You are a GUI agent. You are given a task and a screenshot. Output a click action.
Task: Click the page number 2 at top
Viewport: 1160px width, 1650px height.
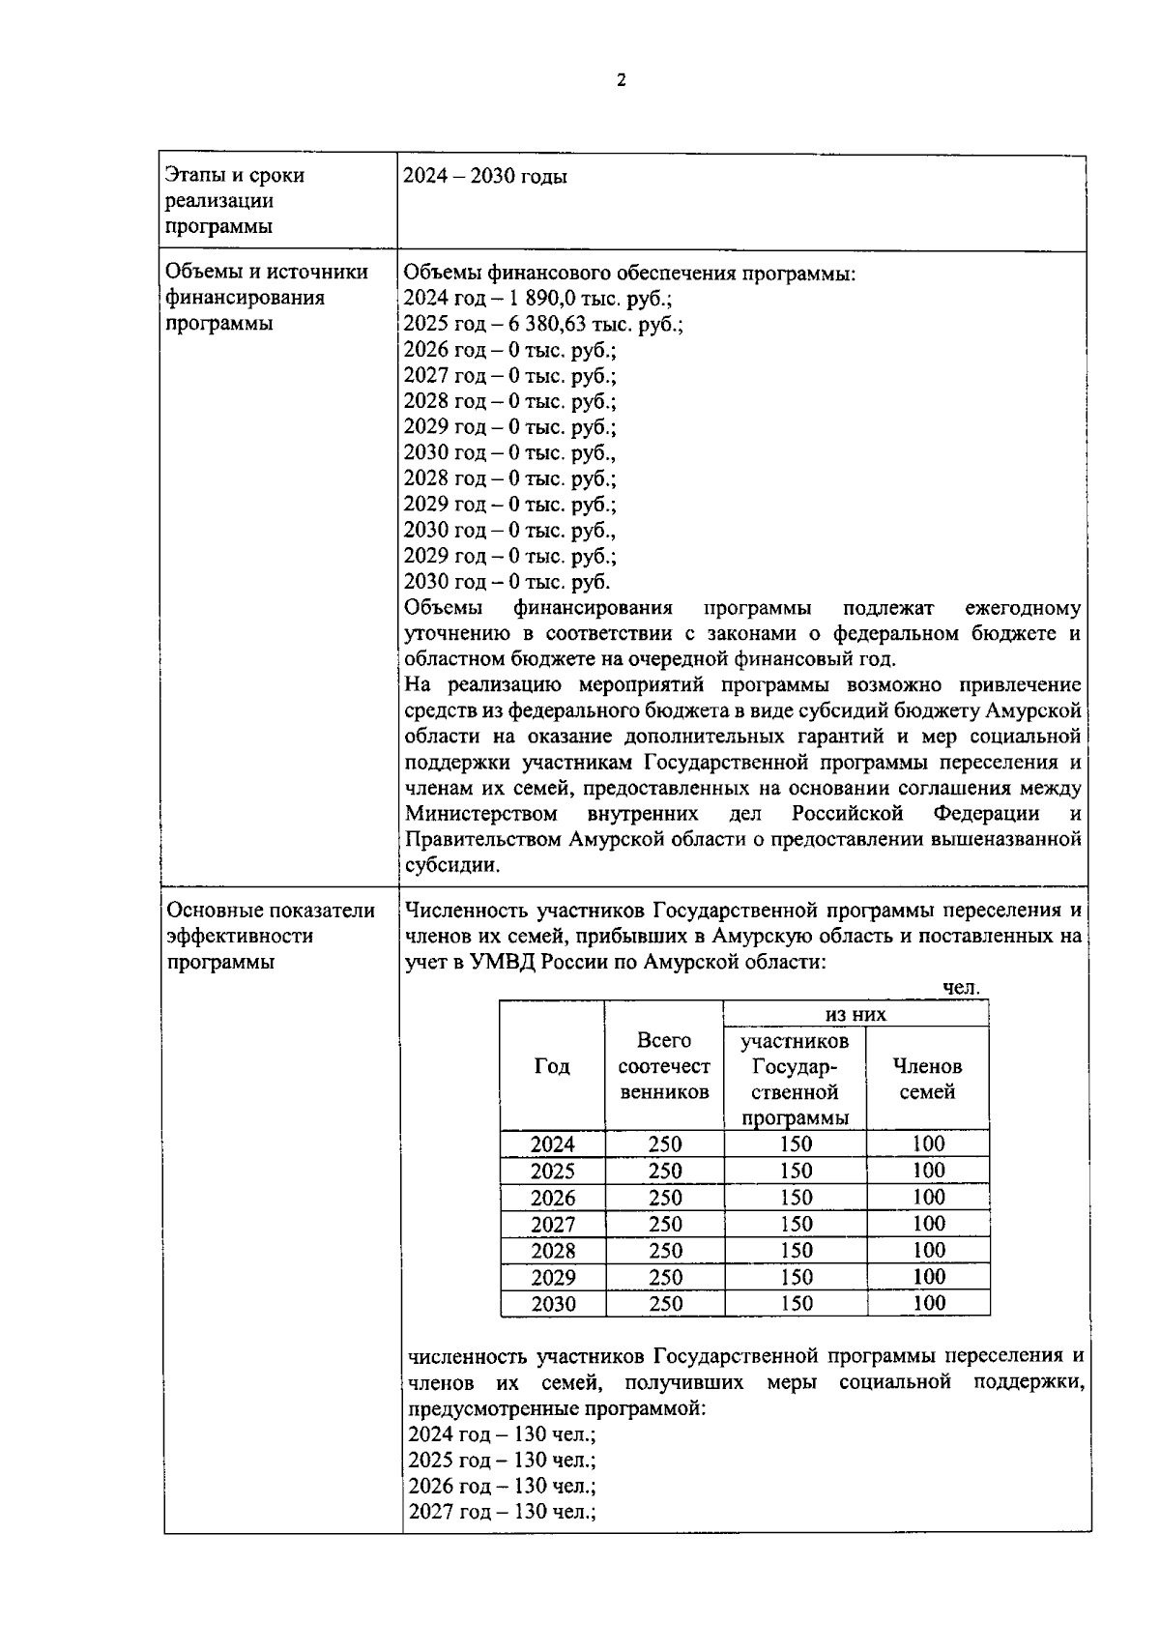coord(621,81)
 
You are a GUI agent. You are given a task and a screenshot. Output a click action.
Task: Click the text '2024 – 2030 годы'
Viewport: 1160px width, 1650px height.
coord(484,176)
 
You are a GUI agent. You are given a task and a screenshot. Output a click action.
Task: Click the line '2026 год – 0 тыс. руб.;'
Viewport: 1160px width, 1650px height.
coord(508,350)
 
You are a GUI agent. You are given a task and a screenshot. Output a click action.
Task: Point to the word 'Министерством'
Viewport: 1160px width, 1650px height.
coord(481,813)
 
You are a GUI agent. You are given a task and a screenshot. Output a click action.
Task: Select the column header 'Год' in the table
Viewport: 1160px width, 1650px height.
coord(551,1066)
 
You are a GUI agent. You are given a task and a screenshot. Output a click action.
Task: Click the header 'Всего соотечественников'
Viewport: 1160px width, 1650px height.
coord(663,1066)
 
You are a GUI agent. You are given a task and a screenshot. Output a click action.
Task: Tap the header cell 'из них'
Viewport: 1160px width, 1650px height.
coord(855,1014)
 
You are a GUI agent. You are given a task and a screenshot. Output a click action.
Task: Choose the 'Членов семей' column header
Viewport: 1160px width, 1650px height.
coord(927,1079)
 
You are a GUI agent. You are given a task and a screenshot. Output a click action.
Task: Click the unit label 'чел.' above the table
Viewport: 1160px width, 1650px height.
coord(961,988)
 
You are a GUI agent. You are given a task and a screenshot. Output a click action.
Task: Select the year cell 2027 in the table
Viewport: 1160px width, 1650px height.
coord(552,1225)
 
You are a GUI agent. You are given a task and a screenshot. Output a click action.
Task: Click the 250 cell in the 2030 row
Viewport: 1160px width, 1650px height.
coord(664,1304)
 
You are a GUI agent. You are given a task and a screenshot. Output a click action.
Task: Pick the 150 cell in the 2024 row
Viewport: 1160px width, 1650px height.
coord(795,1144)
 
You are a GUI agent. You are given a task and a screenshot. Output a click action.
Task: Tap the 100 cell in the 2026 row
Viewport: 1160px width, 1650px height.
coord(928,1198)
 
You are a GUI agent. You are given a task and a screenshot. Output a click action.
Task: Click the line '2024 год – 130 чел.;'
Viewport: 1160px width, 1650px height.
coord(501,1434)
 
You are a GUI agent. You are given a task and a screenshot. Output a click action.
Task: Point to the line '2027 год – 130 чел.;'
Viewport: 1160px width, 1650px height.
coord(501,1512)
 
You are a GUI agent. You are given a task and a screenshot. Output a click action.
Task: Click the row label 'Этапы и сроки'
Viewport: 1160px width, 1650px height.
coord(235,176)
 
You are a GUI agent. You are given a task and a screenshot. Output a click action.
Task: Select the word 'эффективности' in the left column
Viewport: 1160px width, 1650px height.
coord(240,937)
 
